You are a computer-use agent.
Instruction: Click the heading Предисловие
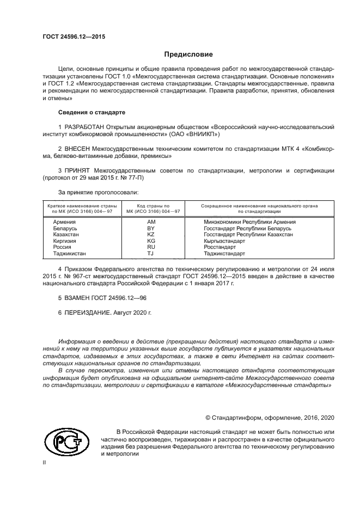point(188,54)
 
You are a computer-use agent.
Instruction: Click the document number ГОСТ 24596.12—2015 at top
point(74,37)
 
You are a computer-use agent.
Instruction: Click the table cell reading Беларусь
point(65,228)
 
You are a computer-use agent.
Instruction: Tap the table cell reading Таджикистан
point(69,253)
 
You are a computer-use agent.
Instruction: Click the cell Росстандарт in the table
point(220,247)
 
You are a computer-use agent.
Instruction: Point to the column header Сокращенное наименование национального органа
point(260,206)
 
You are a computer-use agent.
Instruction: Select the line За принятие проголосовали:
point(98,192)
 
